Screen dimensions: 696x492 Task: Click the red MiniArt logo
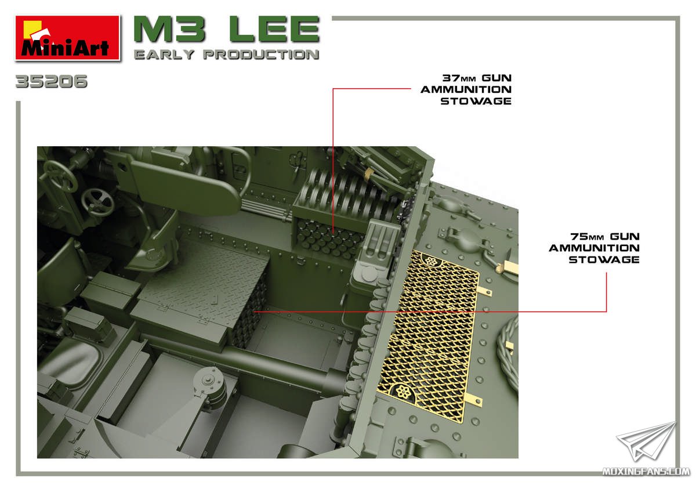[68, 38]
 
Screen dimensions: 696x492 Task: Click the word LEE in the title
[275, 29]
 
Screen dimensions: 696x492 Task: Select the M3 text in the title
[169, 29]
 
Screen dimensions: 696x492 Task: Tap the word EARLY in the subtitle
[164, 55]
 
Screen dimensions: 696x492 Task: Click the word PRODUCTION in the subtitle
[262, 55]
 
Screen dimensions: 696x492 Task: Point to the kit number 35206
[52, 81]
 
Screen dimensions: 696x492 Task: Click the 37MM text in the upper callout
[459, 78]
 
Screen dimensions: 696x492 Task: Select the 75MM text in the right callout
[587, 237]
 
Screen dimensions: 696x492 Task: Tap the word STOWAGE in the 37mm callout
[476, 101]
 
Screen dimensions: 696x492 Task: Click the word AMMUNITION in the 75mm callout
[594, 248]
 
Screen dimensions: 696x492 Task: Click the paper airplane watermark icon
[647, 441]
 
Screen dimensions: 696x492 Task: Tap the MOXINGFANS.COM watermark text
[646, 472]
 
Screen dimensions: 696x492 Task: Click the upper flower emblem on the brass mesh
[431, 261]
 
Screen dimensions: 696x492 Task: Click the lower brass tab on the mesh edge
[474, 399]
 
